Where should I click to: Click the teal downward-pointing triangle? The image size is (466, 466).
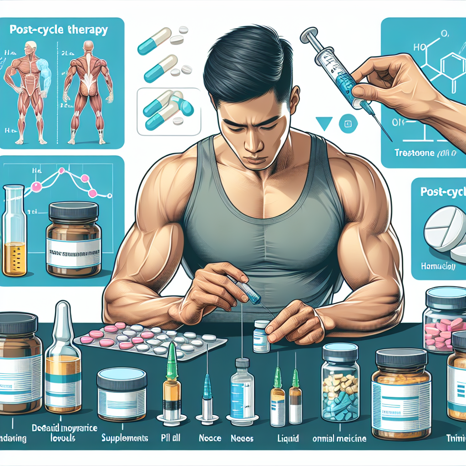pos(324,123)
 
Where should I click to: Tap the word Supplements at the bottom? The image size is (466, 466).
pos(124,439)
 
